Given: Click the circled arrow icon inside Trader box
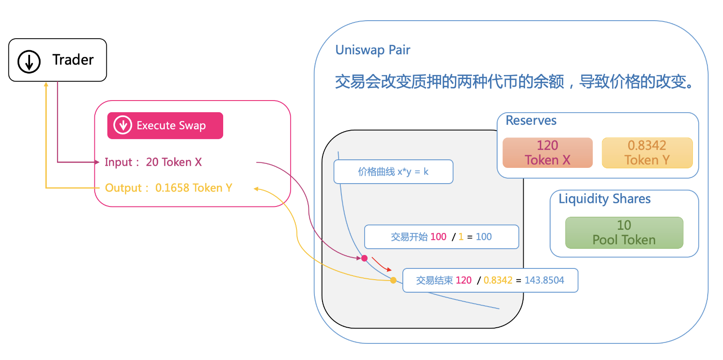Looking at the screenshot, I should tap(29, 61).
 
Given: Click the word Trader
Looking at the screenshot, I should tap(73, 60).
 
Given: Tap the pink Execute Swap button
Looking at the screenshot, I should tap(165, 126).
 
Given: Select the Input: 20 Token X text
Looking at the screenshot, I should tap(153, 162).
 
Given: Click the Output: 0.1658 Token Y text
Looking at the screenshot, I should tap(168, 188).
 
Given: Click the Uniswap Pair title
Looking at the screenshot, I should tap(373, 50).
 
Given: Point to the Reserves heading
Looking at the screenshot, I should tap(531, 120).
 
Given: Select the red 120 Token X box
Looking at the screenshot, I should tap(547, 153).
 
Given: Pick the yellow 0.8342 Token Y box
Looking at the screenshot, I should tap(647, 153).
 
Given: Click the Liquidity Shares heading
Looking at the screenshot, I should tap(604, 199).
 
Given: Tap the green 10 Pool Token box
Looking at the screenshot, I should tap(624, 233).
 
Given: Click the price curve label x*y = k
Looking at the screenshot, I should tap(393, 172).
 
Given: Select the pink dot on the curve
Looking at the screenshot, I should tap(365, 258).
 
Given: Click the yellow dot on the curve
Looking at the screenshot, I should tap(393, 280).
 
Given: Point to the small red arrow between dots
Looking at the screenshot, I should tap(381, 265).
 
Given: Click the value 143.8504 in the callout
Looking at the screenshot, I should tap(544, 280).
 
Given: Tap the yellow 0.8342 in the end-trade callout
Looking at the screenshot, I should tap(498, 280).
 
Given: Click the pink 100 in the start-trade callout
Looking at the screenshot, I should tap(438, 237).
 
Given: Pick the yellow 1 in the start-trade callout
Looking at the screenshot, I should tap(461, 237).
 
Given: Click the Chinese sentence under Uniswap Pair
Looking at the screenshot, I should tap(515, 82).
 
